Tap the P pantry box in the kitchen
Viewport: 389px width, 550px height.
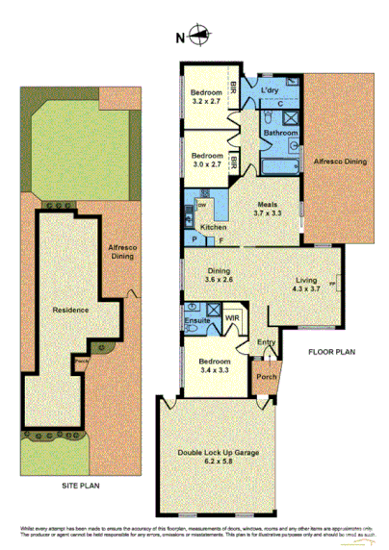[194, 239]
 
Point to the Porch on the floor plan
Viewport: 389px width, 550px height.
[265, 378]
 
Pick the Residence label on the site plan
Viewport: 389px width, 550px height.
[70, 310]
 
